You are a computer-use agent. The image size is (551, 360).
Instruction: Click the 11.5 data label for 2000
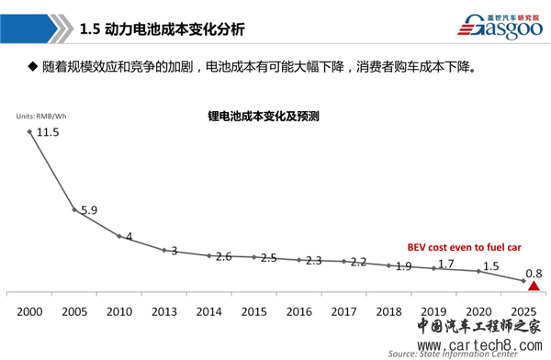(48, 132)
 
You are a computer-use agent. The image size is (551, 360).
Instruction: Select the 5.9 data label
(88, 210)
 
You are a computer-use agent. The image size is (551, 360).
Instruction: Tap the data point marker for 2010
(119, 236)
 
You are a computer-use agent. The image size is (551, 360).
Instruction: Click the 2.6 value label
(223, 256)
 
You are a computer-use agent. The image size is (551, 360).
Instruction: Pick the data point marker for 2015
(254, 258)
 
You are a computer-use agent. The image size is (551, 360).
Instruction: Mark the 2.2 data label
(358, 262)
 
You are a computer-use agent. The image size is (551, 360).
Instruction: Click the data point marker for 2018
(389, 265)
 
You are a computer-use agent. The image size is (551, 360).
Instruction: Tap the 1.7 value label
(445, 264)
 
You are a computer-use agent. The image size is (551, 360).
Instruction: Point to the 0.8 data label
(535, 272)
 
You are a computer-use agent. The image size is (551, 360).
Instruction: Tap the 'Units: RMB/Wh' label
(40, 115)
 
